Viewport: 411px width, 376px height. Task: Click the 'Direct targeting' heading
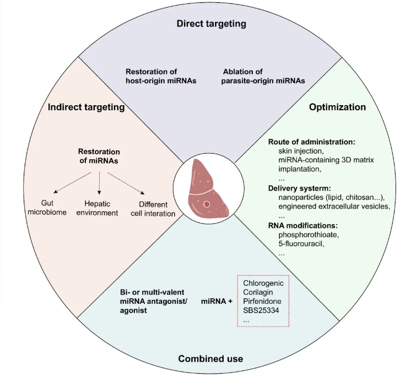pyautogui.click(x=211, y=24)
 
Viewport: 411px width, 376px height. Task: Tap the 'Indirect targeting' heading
pyautogui.click(x=86, y=107)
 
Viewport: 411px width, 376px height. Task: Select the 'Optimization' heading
pyautogui.click(x=337, y=107)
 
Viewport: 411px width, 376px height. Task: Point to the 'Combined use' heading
pyautogui.click(x=210, y=358)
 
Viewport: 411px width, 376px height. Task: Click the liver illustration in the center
pyautogui.click(x=208, y=188)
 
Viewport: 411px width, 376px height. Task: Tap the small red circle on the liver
pyautogui.click(x=207, y=204)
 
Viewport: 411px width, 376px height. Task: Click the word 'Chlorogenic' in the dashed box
pyautogui.click(x=263, y=284)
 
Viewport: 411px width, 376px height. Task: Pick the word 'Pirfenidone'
pyautogui.click(x=262, y=301)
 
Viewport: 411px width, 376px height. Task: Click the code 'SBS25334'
pyautogui.click(x=261, y=310)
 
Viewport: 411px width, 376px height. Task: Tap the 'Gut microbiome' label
pyautogui.click(x=47, y=208)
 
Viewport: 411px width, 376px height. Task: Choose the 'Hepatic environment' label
pyautogui.click(x=98, y=208)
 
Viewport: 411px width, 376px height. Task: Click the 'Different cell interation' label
pyautogui.click(x=153, y=209)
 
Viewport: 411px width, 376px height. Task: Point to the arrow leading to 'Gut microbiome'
pyautogui.click(x=72, y=183)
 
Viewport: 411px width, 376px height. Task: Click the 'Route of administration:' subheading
pyautogui.click(x=312, y=142)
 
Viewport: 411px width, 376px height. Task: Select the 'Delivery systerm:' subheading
pyautogui.click(x=300, y=188)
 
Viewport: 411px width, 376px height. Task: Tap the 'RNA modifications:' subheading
pyautogui.click(x=303, y=226)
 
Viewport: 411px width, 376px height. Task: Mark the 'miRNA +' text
pyautogui.click(x=217, y=301)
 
